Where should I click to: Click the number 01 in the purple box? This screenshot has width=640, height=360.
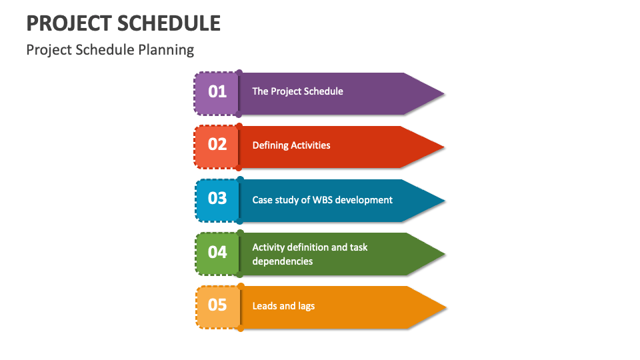click(217, 91)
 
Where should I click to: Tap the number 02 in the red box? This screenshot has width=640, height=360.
click(217, 145)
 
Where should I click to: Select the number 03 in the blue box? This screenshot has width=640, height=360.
click(217, 199)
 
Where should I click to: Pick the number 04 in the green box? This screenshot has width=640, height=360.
click(217, 252)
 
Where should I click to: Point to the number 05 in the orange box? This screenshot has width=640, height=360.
click(217, 305)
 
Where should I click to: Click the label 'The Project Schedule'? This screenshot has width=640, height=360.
click(297, 91)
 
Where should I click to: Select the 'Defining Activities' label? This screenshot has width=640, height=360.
click(291, 145)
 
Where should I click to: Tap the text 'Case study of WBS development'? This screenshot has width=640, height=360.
click(322, 200)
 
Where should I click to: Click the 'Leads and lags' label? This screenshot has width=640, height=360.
click(283, 306)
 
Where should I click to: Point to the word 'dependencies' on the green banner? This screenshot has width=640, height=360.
click(282, 261)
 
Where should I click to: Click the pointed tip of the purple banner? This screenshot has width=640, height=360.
click(442, 93)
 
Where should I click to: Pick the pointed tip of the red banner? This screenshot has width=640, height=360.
click(442, 147)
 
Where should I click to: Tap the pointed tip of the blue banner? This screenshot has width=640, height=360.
click(443, 200)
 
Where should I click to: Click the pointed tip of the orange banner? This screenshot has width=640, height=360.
click(444, 307)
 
